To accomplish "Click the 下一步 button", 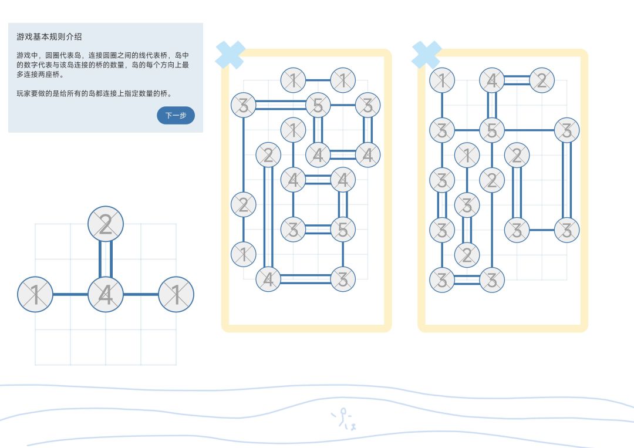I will pos(176,116).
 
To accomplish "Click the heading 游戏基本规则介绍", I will pos(49,36).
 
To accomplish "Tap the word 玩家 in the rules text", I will pos(23,93).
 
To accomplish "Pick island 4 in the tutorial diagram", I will pos(106,294).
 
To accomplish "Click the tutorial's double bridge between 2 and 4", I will pos(106,259).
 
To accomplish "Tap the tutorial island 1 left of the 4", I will pos(35,294).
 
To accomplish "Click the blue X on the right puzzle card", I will pos(426,55).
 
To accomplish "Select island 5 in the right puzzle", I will pos(492,130).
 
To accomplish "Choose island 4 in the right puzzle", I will pos(492,80).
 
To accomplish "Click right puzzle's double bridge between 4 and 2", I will pos(517,80).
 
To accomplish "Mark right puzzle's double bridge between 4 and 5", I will pos(492,106).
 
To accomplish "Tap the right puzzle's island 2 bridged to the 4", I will pos(542,80).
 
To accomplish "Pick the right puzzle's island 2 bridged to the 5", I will pos(492,180).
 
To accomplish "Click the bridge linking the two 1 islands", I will pos(318,80).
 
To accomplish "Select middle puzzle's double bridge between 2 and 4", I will pos(268,217).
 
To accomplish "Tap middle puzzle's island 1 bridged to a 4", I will pos(293,129).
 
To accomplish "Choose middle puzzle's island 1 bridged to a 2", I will pos(243,254).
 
